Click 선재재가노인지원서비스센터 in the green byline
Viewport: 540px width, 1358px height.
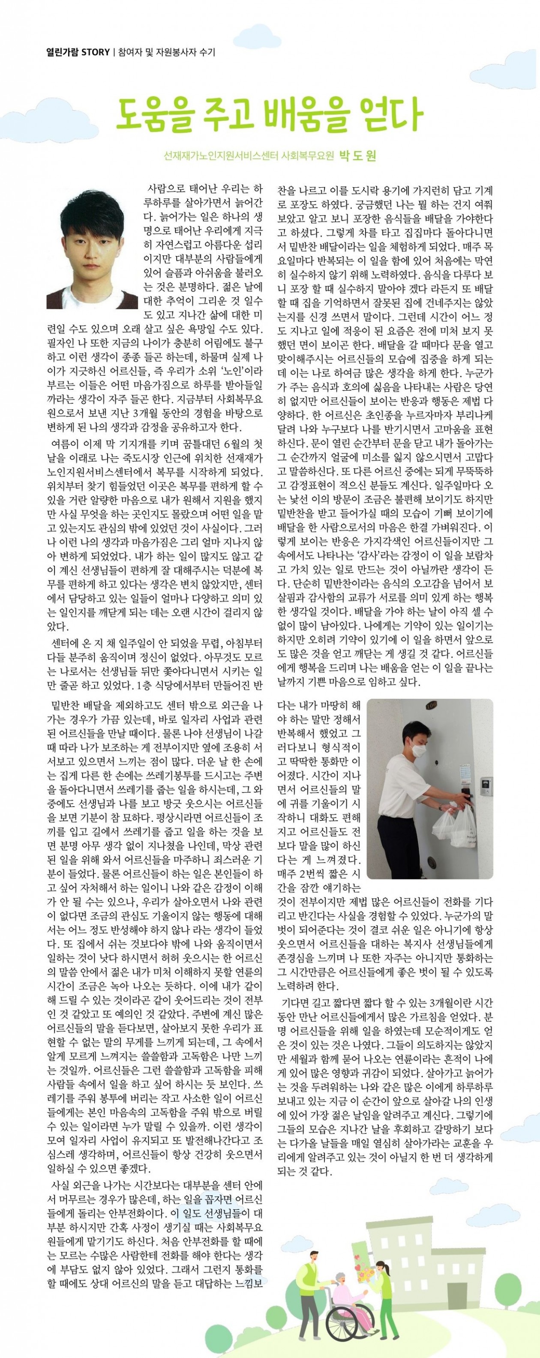(x=222, y=156)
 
